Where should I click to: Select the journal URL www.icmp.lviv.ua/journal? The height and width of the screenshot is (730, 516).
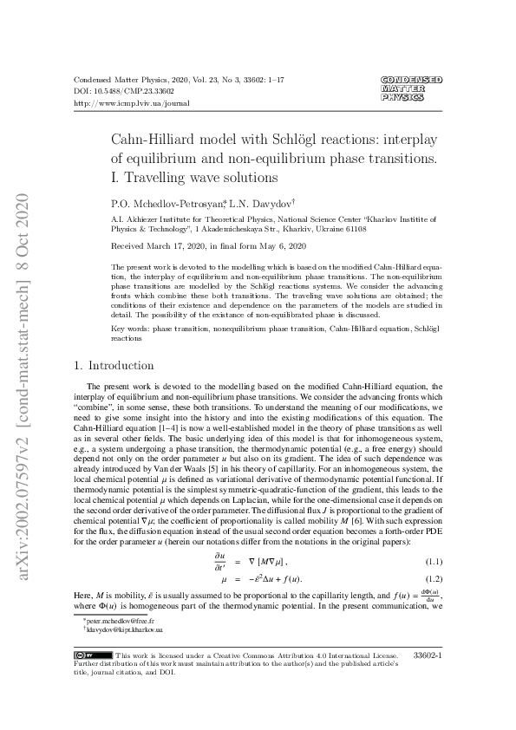[x=132, y=102]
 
